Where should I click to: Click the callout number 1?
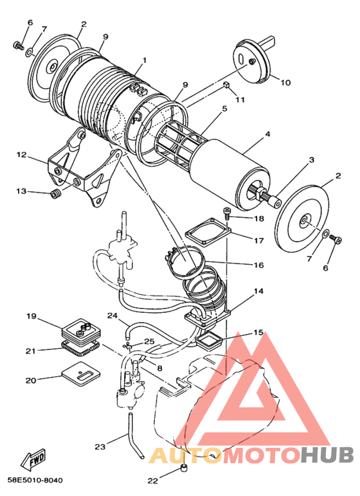(x=145, y=60)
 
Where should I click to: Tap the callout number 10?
(x=285, y=82)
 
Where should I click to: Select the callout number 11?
(x=240, y=100)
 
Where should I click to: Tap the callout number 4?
(x=267, y=134)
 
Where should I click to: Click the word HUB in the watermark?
(x=327, y=456)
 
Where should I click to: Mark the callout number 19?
(x=30, y=316)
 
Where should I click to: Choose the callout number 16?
(x=259, y=265)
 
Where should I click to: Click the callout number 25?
(x=148, y=341)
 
